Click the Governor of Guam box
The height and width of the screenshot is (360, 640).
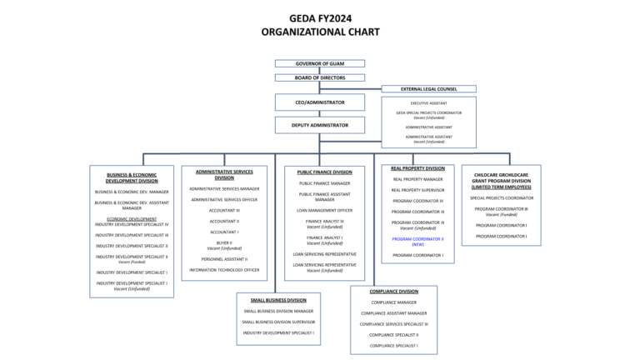pyautogui.click(x=320, y=63)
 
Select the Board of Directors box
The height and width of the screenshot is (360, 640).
pyautogui.click(x=320, y=77)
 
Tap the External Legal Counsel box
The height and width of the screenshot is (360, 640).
pyautogui.click(x=429, y=88)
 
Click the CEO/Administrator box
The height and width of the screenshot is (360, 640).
pyautogui.click(x=320, y=102)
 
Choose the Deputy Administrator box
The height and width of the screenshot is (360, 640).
pyautogui.click(x=320, y=125)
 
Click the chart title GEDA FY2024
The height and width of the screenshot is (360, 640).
pyautogui.click(x=320, y=17)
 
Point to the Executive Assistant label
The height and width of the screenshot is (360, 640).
pyautogui.click(x=429, y=103)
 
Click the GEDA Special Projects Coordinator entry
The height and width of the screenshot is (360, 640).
pyautogui.click(x=429, y=112)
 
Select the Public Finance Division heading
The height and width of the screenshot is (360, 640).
pyautogui.click(x=324, y=172)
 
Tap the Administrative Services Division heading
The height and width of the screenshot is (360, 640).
pyautogui.click(x=224, y=174)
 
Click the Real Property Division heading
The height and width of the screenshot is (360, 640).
pyautogui.click(x=417, y=168)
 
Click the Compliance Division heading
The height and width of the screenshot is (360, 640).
pyautogui.click(x=394, y=292)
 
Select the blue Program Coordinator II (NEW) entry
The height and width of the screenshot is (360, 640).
pyautogui.click(x=417, y=241)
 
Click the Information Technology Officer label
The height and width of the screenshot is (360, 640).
pyautogui.click(x=224, y=270)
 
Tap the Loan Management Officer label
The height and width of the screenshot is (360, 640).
pyautogui.click(x=324, y=211)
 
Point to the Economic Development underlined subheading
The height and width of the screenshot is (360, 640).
pyautogui.click(x=132, y=219)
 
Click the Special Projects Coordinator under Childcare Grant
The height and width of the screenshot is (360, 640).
pyautogui.click(x=502, y=198)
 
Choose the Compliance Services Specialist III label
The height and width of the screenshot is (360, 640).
pyautogui.click(x=394, y=324)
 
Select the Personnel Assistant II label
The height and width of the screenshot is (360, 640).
pyautogui.click(x=224, y=259)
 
